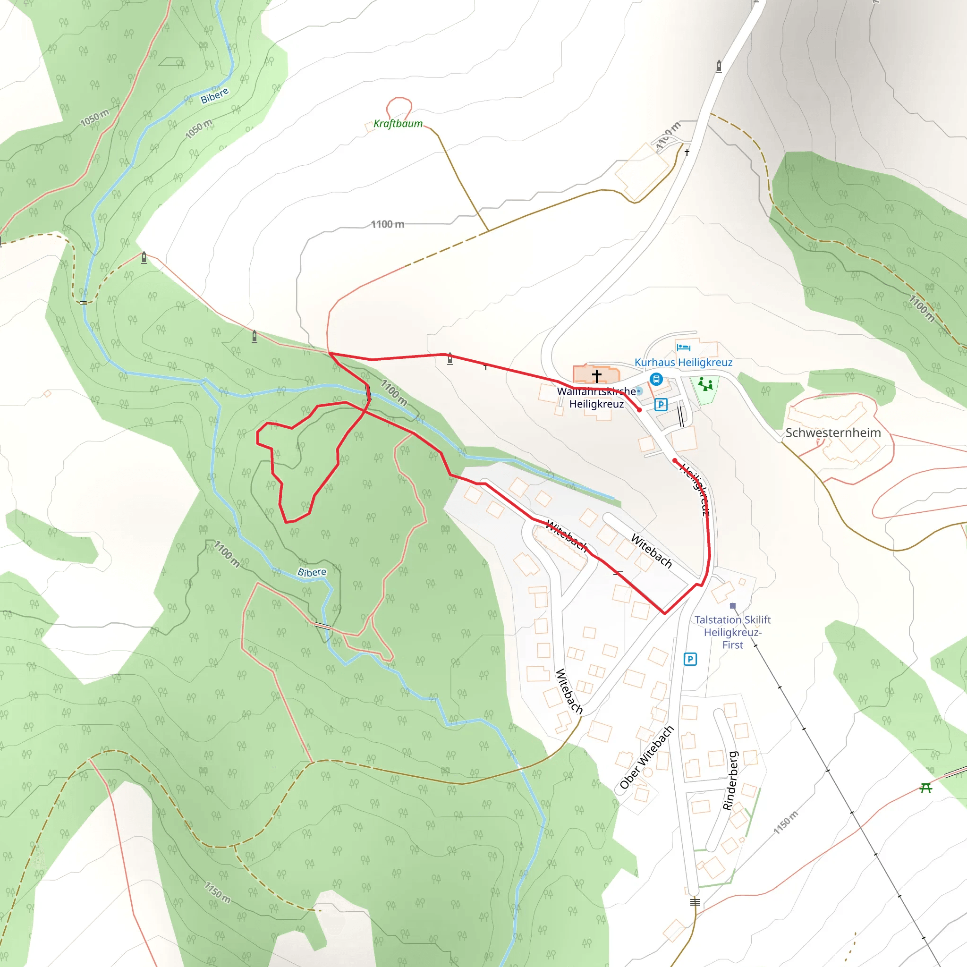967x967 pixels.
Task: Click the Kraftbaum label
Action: tap(398, 124)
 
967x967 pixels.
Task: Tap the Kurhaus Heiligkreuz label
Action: tap(683, 362)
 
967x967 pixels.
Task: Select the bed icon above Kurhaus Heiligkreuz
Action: tap(683, 348)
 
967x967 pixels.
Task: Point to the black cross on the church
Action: tap(597, 375)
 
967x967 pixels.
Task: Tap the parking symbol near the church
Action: tap(661, 405)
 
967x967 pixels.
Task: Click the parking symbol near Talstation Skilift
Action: tap(690, 659)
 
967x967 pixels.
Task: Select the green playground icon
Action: tap(706, 384)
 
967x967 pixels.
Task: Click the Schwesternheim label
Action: tap(833, 433)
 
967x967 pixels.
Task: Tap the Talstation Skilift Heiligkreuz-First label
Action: tap(732, 632)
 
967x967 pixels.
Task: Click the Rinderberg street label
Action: tap(731, 781)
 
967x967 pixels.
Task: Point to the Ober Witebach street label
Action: tap(647, 757)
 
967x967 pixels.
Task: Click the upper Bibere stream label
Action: tap(215, 95)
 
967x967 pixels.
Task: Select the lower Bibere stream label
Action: tap(312, 572)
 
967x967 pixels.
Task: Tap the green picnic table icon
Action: tap(926, 789)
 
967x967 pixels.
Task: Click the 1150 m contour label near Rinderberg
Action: tap(786, 823)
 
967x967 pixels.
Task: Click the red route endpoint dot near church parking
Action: tap(639, 410)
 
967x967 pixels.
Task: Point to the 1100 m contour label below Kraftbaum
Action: tap(387, 224)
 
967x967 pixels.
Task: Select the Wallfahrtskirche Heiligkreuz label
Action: tap(596, 398)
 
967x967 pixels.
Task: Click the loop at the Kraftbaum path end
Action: tap(399, 108)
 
